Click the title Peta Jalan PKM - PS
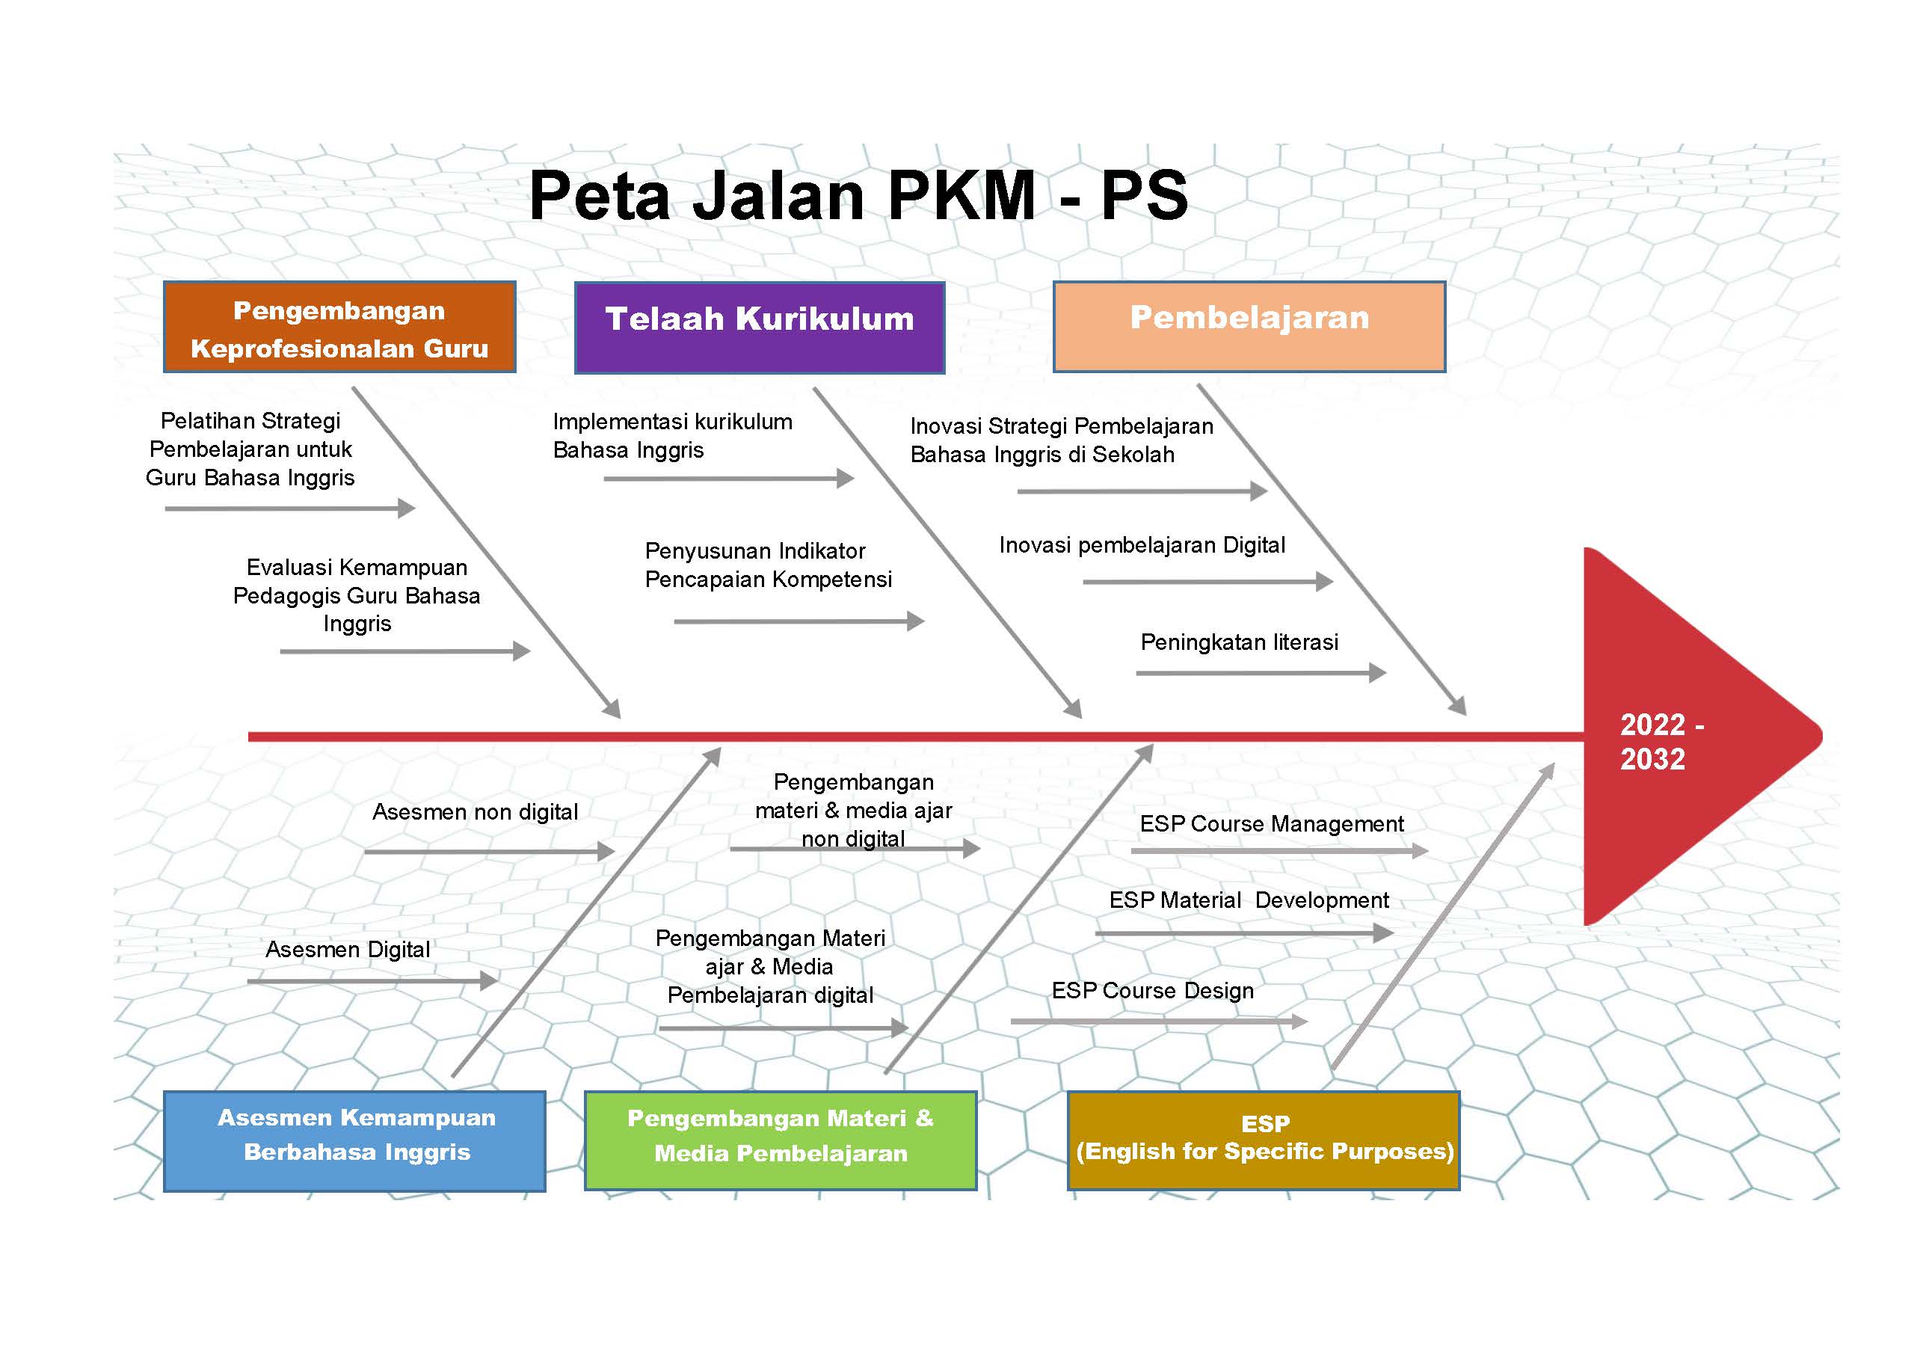click(x=858, y=195)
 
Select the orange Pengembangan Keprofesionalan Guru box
click(x=339, y=327)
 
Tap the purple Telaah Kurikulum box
click(x=759, y=328)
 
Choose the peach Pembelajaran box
click(x=1249, y=327)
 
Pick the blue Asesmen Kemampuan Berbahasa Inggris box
click(x=354, y=1140)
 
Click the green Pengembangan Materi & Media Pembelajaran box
click(x=780, y=1140)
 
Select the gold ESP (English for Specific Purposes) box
click(x=1264, y=1140)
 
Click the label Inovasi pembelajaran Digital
click(x=1142, y=546)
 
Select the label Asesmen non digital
click(x=475, y=812)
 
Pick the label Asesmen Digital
click(x=348, y=950)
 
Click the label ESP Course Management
click(x=1271, y=824)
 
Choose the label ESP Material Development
click(x=1249, y=900)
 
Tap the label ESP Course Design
click(x=1152, y=991)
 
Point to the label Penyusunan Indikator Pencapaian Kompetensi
click(x=769, y=565)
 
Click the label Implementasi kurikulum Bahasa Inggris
click(x=672, y=436)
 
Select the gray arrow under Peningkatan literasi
click(x=1261, y=673)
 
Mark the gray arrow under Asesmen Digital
click(x=372, y=980)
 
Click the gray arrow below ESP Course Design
click(x=1159, y=1021)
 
